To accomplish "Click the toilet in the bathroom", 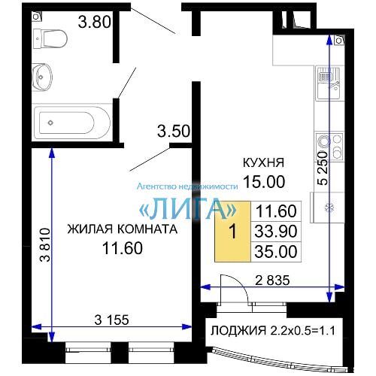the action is pos(50,39).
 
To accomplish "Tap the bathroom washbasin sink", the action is pos(42,77).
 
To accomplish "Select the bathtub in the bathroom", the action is pos(72,123).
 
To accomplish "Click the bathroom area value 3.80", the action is pos(95,22).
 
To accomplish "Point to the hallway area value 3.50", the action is pos(174,131).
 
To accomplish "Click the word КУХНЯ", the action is pos(263,162).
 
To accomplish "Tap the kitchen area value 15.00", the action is pos(264,181).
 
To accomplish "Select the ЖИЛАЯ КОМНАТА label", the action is pos(123,229).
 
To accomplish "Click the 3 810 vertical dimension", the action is pos(46,244).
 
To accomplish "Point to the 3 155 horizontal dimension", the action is pos(112,320).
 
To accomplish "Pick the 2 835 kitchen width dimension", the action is pos(272,280).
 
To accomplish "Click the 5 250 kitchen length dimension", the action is pos(323,168).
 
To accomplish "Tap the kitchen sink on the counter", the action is pos(328,83).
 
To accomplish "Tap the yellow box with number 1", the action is pos(233,231).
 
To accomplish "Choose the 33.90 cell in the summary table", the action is pos(276,231).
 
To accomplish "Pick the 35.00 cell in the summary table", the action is pos(276,252).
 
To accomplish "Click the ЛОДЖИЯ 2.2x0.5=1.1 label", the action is pos(273,331).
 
